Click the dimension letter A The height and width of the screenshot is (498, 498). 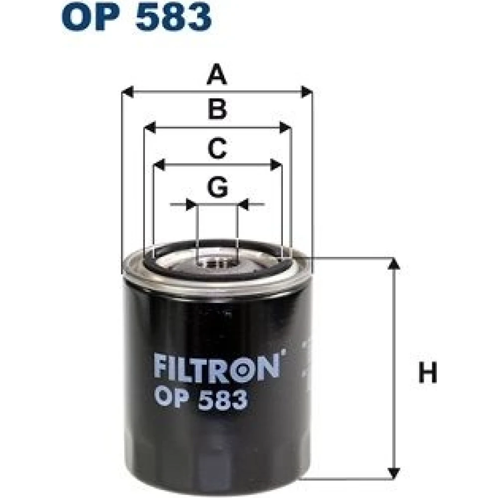point(217,74)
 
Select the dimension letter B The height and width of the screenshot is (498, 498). point(218,109)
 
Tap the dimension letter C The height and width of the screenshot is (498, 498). point(217,148)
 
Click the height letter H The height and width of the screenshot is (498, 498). point(428,373)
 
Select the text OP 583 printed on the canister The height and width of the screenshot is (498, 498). point(201,399)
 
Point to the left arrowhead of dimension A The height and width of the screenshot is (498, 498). point(127,92)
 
